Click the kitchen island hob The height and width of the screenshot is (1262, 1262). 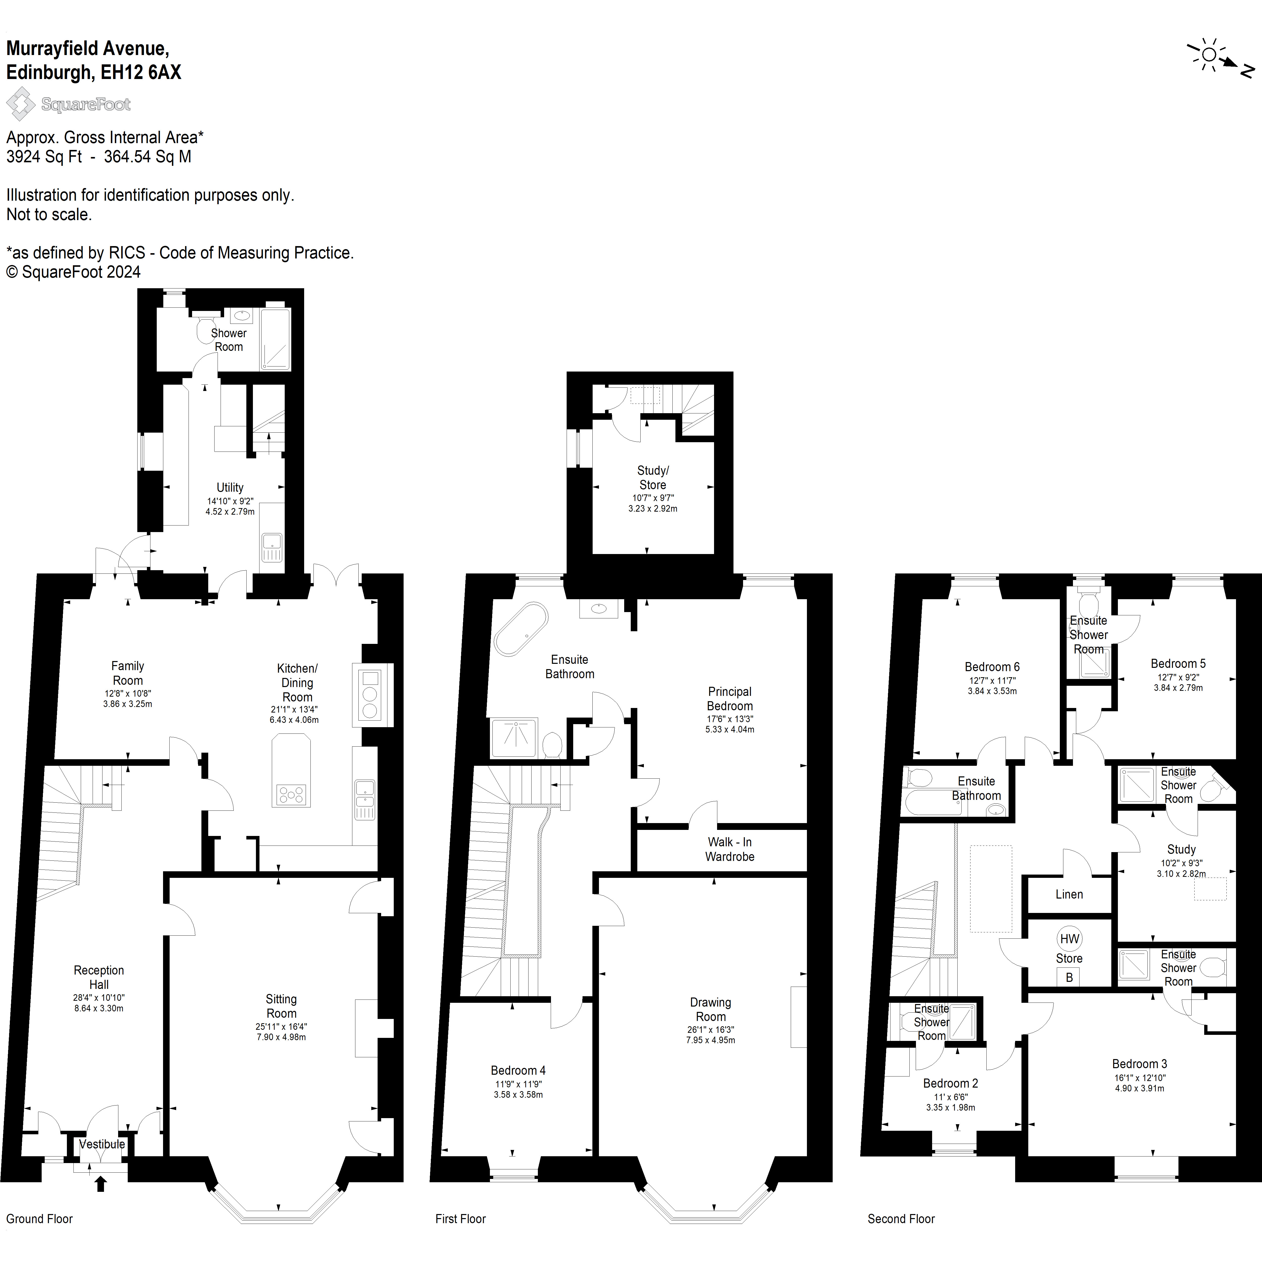291,794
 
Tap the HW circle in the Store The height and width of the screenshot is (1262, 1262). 1069,939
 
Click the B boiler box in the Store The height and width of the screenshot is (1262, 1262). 1069,977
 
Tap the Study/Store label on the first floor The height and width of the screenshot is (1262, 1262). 652,478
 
